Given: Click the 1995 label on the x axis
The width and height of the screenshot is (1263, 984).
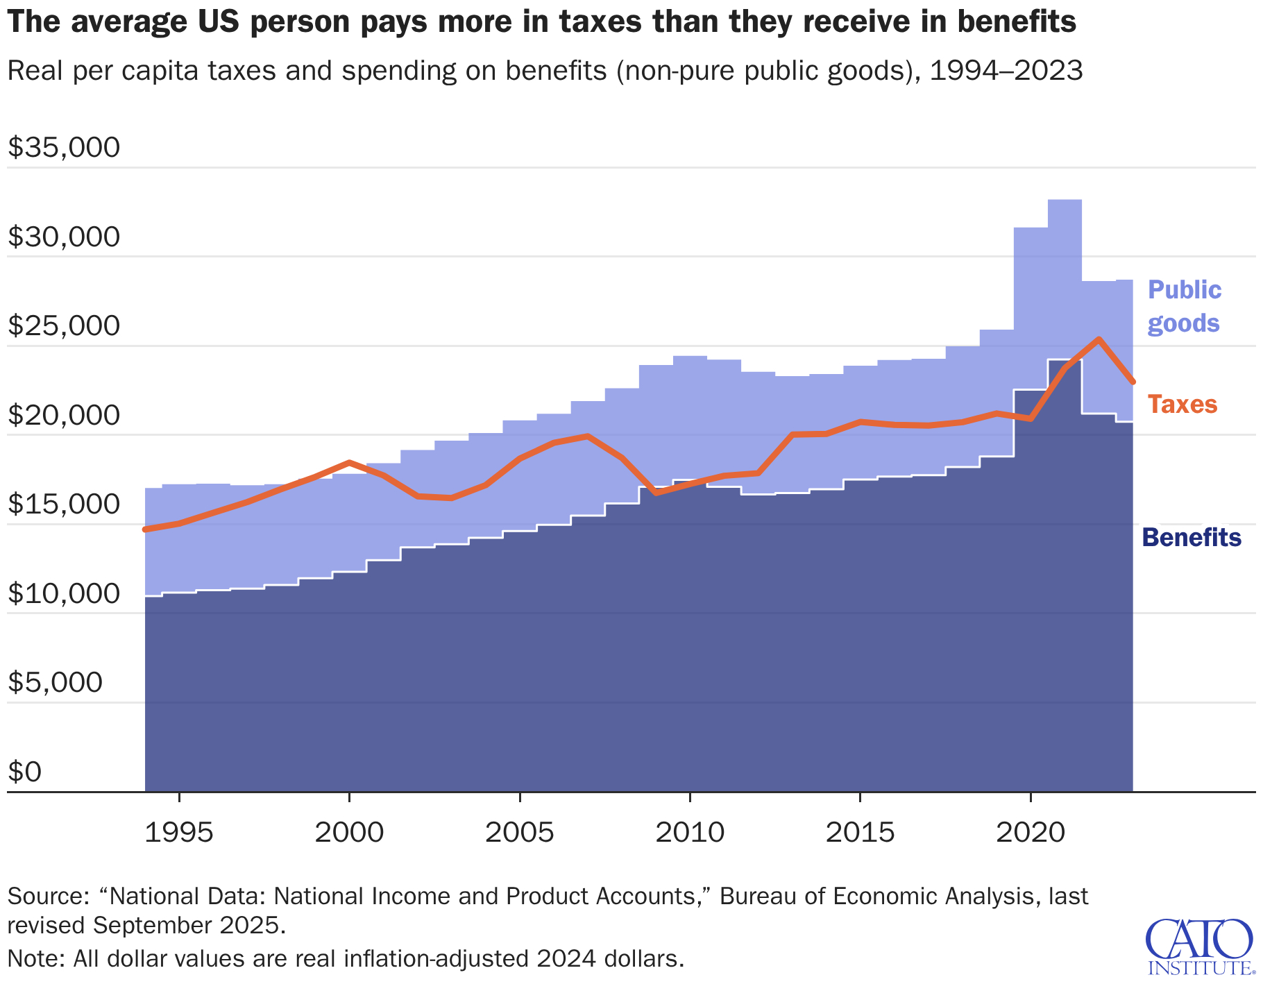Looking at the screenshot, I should pos(179,832).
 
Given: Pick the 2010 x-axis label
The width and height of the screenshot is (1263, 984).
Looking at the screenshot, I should pos(689,832).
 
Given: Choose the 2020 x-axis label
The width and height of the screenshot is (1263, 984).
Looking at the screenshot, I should pos(1030,832).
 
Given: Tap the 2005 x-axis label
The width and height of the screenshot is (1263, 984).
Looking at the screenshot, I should pos(519,832).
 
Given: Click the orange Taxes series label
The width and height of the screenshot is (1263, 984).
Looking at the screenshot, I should pos(1182,404).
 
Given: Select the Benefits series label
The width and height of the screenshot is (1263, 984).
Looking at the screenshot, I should pos(1192,537).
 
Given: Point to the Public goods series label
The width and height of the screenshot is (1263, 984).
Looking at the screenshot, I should pos(1184,306).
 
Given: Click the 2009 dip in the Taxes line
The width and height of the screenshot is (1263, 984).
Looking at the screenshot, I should pos(656,493).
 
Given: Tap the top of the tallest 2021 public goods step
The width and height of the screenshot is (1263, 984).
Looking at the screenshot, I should pos(1065,200).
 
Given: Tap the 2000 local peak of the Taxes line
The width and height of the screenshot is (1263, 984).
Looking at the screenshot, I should pos(349,462).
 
